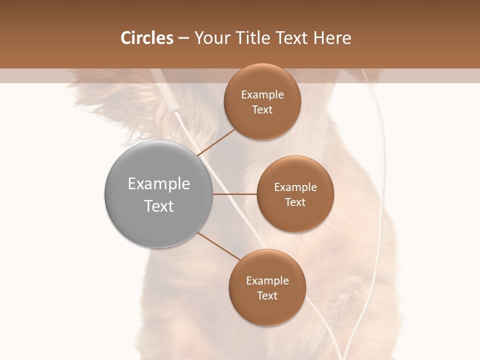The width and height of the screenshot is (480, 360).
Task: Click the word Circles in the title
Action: click(x=146, y=38)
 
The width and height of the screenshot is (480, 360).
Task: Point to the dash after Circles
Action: click(x=183, y=38)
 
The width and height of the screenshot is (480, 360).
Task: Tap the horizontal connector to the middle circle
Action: click(x=234, y=194)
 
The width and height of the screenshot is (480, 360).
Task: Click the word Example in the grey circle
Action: click(x=158, y=184)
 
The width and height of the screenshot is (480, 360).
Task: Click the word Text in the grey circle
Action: click(x=158, y=206)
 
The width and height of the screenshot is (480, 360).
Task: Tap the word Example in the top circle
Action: click(x=262, y=95)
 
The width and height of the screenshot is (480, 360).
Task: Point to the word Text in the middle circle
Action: click(x=295, y=202)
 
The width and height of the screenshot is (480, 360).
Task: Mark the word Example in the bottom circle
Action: click(x=267, y=281)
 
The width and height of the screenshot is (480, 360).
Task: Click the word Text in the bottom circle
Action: click(x=267, y=296)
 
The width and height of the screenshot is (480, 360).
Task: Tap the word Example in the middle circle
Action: click(x=295, y=187)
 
